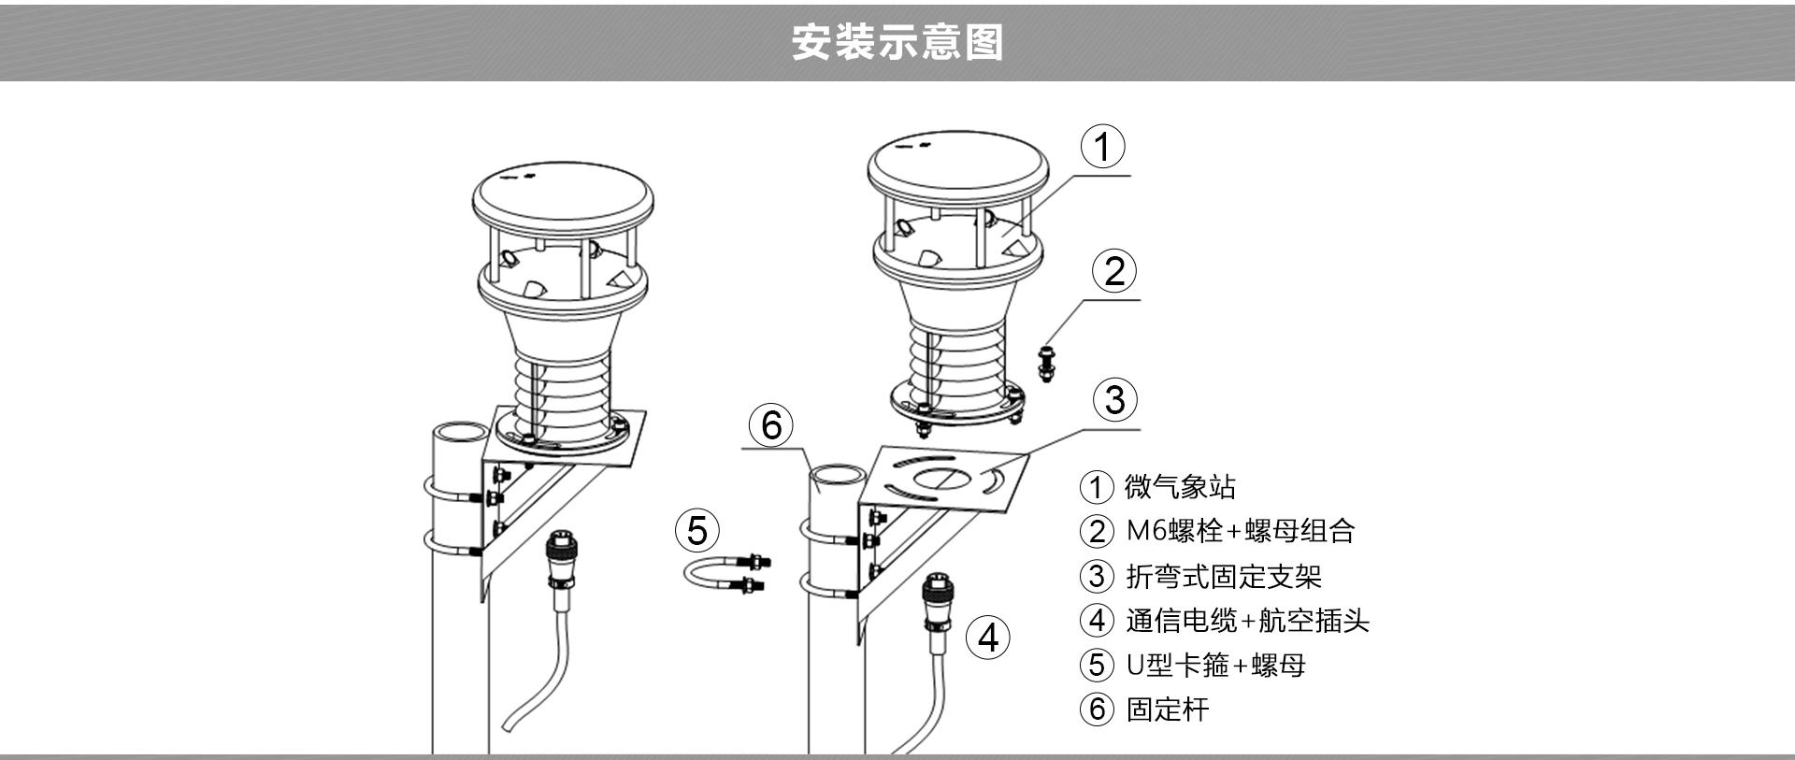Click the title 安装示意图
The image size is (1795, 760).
(897, 43)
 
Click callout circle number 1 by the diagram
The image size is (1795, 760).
(1103, 147)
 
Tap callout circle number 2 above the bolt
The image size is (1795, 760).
(1114, 271)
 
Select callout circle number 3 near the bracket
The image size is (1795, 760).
(1114, 399)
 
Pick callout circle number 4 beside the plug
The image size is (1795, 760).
(988, 638)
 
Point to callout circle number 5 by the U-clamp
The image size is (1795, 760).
(697, 530)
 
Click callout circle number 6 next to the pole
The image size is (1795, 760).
(771, 424)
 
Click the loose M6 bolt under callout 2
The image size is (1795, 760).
(1046, 363)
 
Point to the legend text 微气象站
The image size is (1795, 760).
(1179, 487)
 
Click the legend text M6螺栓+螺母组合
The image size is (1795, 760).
(1240, 531)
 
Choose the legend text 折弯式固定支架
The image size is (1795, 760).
(1223, 576)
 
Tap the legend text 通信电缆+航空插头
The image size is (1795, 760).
(1247, 621)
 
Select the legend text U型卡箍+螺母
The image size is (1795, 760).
(1215, 665)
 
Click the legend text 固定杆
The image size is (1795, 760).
(1168, 710)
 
